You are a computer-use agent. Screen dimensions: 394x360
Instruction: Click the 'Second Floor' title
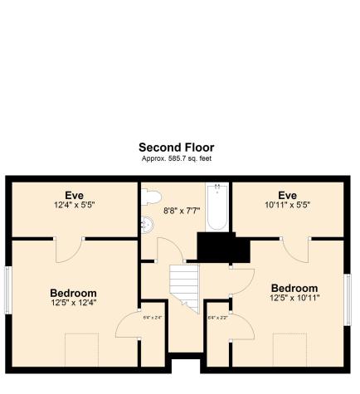tap(176, 147)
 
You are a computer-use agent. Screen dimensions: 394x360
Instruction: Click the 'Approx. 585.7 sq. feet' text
tap(176, 158)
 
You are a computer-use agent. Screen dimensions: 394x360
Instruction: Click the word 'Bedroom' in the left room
tap(74, 293)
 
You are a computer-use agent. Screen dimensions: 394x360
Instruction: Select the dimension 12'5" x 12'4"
tap(74, 303)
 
